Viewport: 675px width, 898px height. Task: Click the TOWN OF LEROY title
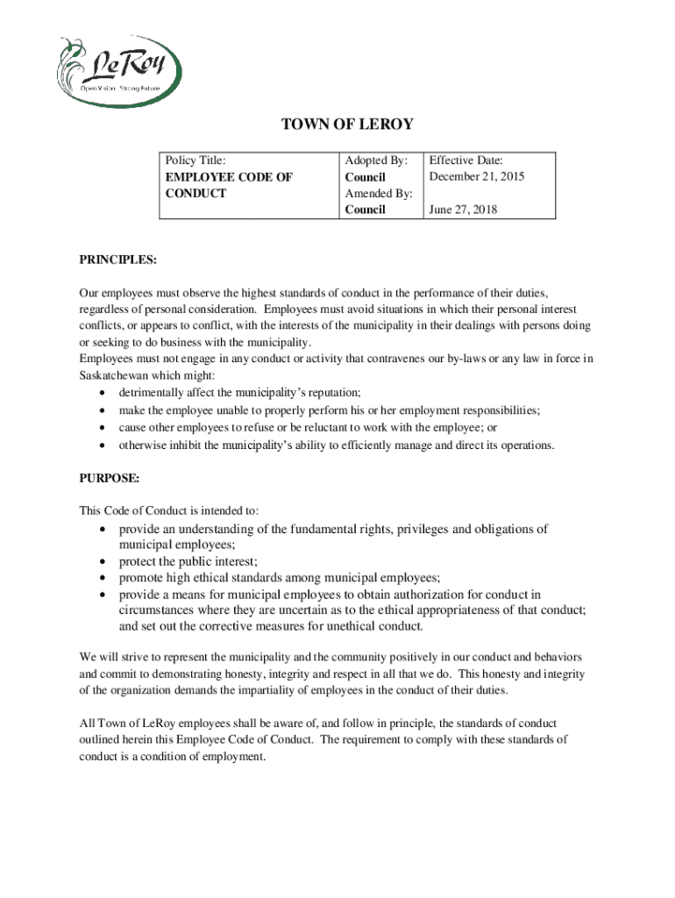[346, 125]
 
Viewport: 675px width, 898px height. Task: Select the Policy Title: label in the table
[196, 160]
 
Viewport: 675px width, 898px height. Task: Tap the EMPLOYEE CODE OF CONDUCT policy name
[229, 185]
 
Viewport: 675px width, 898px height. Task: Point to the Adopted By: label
[377, 160]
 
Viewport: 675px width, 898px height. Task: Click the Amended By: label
[379, 193]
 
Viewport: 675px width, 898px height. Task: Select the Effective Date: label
[465, 160]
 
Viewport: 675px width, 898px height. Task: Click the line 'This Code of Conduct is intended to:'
[169, 510]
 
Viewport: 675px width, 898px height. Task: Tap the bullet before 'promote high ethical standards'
[105, 578]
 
